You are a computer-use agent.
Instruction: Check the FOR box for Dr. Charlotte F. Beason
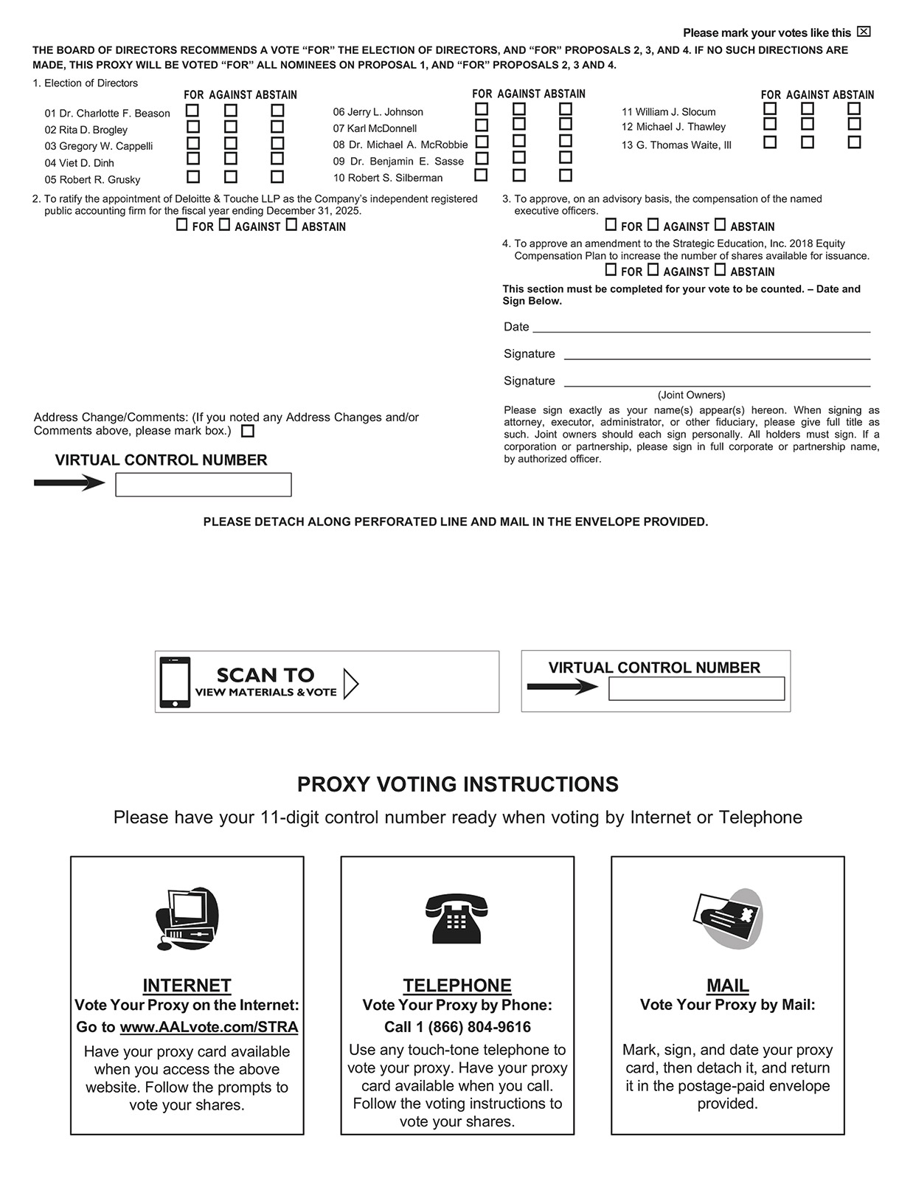point(192,111)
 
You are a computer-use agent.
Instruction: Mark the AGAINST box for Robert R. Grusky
point(231,177)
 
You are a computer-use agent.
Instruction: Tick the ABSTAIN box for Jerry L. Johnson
point(566,109)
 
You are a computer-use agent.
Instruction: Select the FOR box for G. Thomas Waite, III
point(770,142)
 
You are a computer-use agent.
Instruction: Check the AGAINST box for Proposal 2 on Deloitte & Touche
point(224,225)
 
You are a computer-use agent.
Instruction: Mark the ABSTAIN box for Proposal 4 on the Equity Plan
point(720,270)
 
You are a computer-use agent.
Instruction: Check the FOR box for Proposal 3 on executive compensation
point(611,225)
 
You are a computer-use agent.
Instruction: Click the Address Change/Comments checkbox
point(248,432)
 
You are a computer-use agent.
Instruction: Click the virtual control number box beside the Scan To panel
point(696,689)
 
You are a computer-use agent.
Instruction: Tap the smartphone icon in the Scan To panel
point(175,682)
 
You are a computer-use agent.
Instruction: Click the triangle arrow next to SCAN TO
point(351,683)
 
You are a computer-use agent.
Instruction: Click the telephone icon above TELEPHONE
point(456,919)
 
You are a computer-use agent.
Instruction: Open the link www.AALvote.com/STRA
point(209,1027)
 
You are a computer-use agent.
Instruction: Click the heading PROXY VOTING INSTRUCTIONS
point(457,784)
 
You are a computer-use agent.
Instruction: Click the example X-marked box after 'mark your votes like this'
point(864,32)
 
